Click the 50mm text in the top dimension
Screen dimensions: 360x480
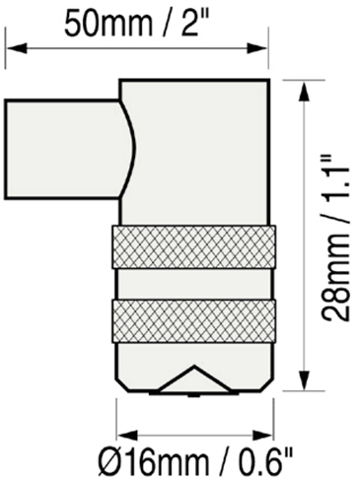[x=108, y=24]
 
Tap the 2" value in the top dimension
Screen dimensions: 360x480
[x=190, y=23]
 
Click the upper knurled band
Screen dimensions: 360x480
[x=193, y=247]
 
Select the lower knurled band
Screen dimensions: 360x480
[x=193, y=321]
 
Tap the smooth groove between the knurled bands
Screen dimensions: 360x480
[x=194, y=284]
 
